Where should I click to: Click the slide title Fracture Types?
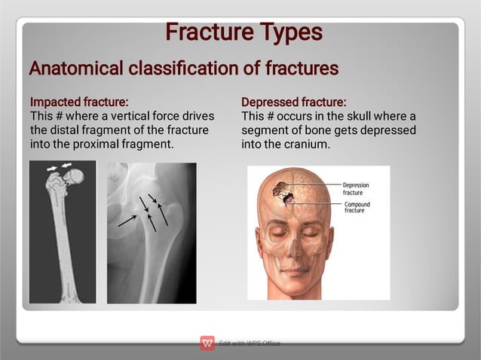point(243,32)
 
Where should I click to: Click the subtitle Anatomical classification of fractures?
point(183,69)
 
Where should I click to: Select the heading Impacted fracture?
point(78,102)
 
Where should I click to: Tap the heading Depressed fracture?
point(293,102)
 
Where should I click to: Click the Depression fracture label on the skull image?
point(356,188)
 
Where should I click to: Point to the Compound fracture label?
point(357,207)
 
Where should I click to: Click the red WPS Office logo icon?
point(207,343)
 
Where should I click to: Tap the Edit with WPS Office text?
point(250,343)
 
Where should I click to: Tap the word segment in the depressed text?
point(262,130)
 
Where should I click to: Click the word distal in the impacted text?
point(66,130)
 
